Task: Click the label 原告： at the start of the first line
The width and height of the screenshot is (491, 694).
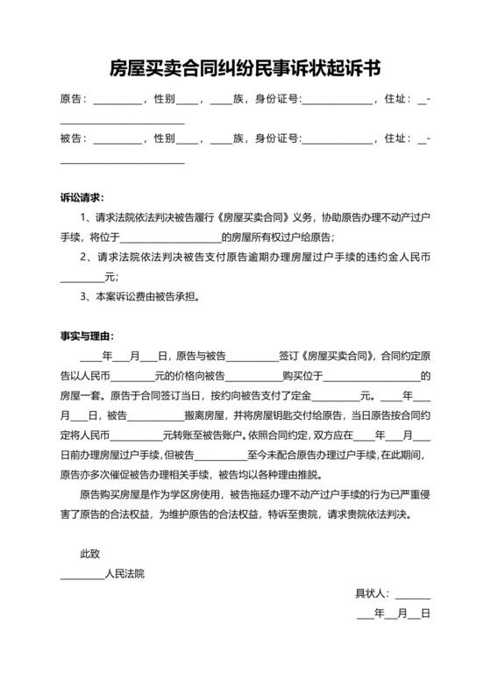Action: point(74,100)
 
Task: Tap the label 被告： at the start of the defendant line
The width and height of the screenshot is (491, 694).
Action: point(74,138)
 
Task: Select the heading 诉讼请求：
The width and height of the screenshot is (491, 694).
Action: point(82,198)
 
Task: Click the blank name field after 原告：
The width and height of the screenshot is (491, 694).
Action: point(117,102)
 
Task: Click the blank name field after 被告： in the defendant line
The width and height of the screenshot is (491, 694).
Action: point(117,140)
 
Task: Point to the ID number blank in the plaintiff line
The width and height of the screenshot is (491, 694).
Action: point(337,102)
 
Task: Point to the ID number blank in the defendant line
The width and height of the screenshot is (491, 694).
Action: point(337,140)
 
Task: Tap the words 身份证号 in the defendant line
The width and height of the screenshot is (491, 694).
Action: point(276,138)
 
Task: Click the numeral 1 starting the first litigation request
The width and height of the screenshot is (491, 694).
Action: point(83,218)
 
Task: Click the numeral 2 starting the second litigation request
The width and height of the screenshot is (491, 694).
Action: point(83,258)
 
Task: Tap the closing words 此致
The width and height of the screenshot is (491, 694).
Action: point(90,554)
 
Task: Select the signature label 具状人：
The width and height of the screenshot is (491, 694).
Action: point(374,594)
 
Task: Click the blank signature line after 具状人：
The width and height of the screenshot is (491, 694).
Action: point(413,596)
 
